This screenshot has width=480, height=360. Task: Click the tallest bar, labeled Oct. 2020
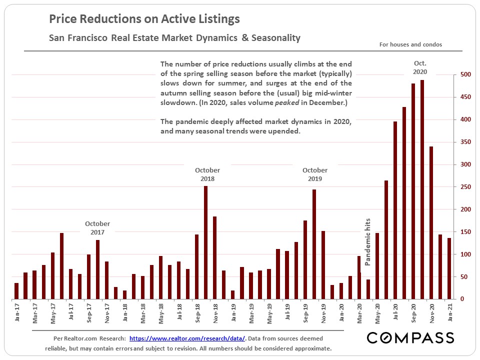tap(422, 190)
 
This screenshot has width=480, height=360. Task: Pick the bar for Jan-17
tap(16, 291)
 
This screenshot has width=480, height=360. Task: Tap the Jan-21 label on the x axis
tap(450, 313)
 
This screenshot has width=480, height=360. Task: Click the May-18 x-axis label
tap(161, 313)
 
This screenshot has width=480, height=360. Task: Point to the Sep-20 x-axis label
tap(413, 313)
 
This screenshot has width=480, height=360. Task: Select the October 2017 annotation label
tap(97, 228)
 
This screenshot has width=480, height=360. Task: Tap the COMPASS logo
tap(410, 338)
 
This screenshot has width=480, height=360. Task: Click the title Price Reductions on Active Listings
tap(144, 19)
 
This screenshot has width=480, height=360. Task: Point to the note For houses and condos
tap(410, 44)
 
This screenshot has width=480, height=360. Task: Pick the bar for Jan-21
tap(449, 268)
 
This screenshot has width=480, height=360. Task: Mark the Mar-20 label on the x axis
tap(359, 313)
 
